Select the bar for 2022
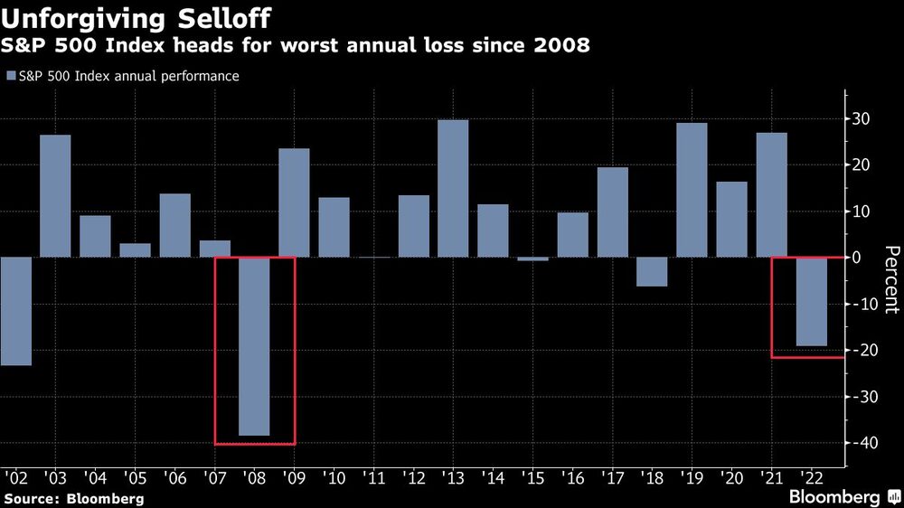[x=812, y=302]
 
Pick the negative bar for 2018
[x=653, y=272]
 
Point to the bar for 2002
[x=15, y=311]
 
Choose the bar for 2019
[x=692, y=190]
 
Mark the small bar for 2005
[x=135, y=250]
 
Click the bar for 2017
[x=613, y=212]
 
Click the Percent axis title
[x=891, y=279]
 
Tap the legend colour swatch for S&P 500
[x=11, y=77]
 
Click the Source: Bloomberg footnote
[x=74, y=498]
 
